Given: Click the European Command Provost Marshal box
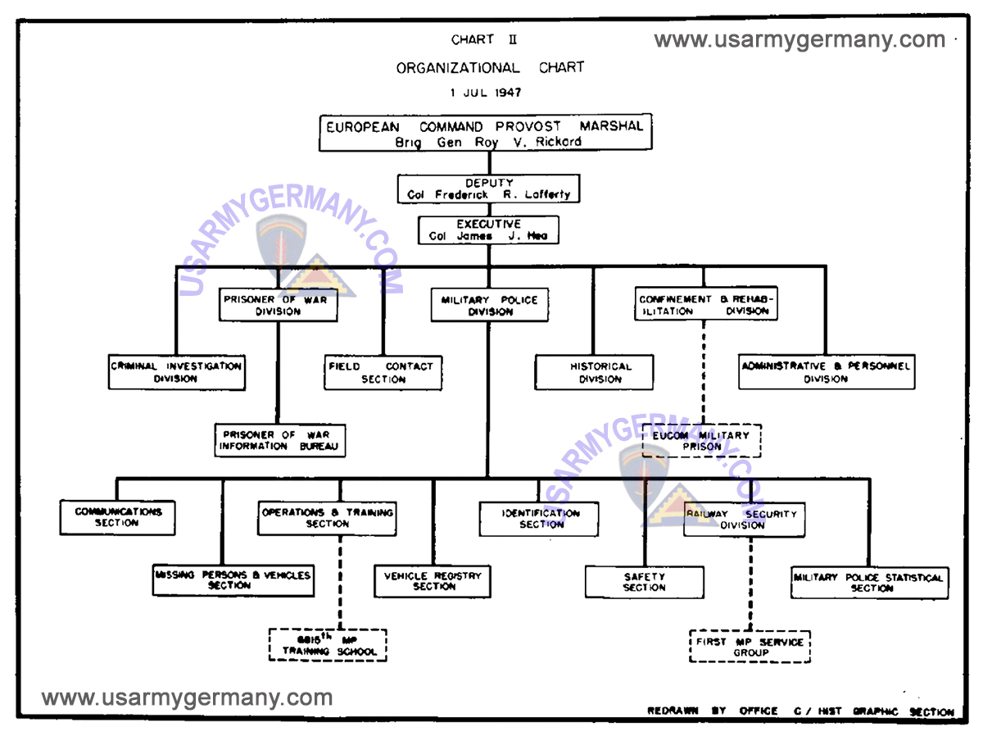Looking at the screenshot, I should point(485,133).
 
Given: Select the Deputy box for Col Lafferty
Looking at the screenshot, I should point(488,189).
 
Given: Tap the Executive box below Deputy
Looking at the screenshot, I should point(488,229).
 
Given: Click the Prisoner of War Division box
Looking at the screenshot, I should point(279,305).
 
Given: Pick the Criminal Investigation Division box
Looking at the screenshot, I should point(176,372).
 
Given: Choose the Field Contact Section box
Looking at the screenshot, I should point(383,372).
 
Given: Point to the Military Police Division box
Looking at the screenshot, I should point(489,305).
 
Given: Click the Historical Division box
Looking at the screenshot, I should point(594,372).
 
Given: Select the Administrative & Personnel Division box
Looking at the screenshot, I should point(826,372).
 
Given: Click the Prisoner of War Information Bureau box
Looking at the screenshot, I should point(280,440).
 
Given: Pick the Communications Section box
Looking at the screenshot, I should point(117,517).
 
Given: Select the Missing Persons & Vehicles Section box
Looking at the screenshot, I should point(233,579).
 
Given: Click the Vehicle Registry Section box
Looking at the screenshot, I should point(433,580).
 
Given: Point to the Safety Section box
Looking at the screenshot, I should point(644,582).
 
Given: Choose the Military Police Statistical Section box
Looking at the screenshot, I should point(869,582).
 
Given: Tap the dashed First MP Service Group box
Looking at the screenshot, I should point(750,647).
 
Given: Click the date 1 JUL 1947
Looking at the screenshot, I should point(485,93).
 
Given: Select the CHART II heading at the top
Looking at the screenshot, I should point(483,39).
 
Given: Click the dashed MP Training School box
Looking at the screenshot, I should point(328,645).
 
